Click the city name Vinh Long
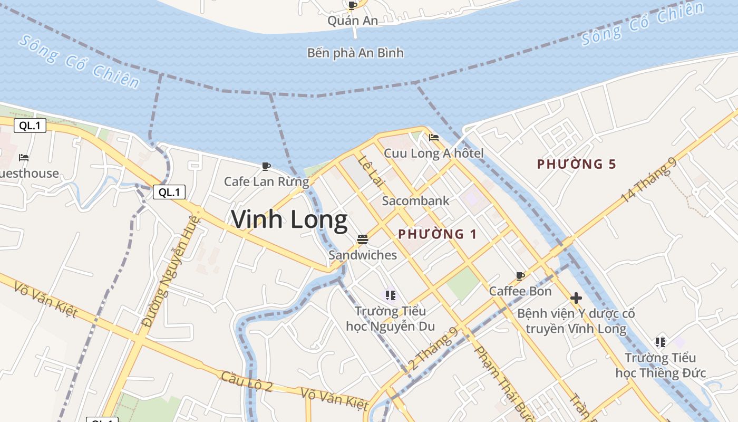pos(289,219)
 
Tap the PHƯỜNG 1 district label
pos(438,234)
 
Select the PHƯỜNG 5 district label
pos(576,164)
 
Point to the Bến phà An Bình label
pos(355,53)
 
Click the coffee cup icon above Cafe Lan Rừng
pos(266,167)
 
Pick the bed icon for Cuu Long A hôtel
pos(434,138)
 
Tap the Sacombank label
pos(416,200)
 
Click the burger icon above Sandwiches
pos(362,239)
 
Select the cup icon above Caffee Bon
pos(520,276)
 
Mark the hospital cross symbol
pos(576,298)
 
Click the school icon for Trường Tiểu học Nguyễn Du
pos(390,295)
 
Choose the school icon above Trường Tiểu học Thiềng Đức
pos(661,342)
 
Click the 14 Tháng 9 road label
pos(649,180)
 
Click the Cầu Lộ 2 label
pos(247,381)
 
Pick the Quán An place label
pos(353,21)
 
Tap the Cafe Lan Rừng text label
pos(266,181)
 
